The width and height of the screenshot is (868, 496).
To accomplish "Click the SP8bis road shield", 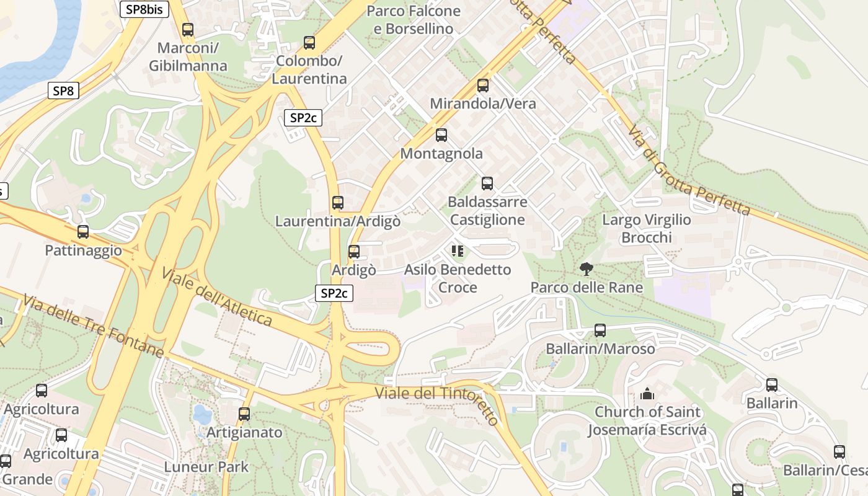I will [x=144, y=9].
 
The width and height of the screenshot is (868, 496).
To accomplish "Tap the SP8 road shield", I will [x=63, y=91].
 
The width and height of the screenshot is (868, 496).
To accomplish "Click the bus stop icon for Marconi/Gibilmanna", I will [x=188, y=29].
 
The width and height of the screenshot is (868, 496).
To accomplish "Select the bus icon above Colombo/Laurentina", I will [x=309, y=43].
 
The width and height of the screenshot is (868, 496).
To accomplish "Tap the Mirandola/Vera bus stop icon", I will [x=483, y=86].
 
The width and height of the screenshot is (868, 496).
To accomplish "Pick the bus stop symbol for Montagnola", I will [x=441, y=135].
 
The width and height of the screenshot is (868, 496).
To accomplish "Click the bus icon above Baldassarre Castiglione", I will [x=487, y=184].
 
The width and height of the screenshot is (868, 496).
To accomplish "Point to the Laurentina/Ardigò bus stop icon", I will [x=338, y=203].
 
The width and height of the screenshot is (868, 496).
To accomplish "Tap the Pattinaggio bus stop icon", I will [x=83, y=232].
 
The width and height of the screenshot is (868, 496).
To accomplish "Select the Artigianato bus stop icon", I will [x=244, y=414].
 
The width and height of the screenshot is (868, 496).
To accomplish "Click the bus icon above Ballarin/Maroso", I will [x=600, y=330].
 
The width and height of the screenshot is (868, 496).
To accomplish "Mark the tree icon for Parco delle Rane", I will [x=586, y=269].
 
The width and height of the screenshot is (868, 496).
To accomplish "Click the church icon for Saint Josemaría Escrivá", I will [x=647, y=394].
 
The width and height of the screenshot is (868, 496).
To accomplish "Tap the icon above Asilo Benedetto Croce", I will [x=458, y=251].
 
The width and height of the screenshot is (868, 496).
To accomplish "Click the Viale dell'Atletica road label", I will [x=217, y=297].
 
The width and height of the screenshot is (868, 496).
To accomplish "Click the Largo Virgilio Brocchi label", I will [x=647, y=229].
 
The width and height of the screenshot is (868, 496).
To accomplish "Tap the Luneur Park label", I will [x=206, y=467].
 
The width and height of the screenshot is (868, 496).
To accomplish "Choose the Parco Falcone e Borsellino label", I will [x=414, y=20].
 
